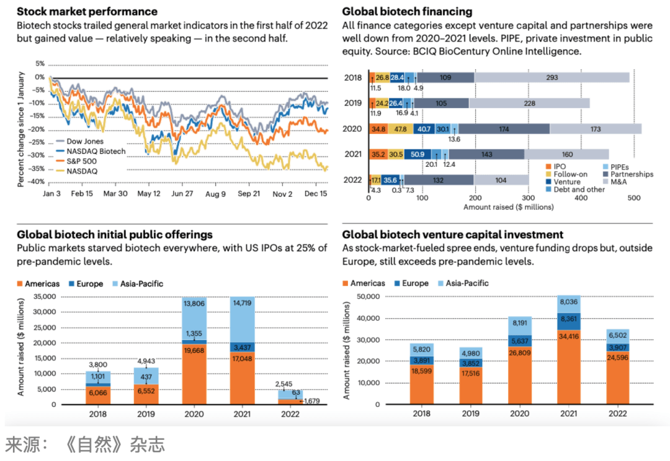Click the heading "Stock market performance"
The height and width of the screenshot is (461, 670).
(87, 11)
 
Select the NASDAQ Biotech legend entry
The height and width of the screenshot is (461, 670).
(96, 151)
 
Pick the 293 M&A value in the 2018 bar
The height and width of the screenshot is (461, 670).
(553, 78)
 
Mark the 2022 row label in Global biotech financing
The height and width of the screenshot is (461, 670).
(352, 180)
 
